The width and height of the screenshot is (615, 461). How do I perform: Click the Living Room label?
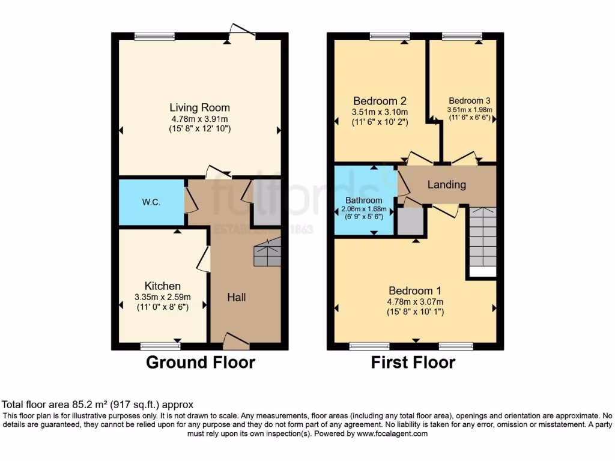pyautogui.click(x=199, y=108)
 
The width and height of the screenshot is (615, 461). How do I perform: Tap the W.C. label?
pyautogui.click(x=151, y=202)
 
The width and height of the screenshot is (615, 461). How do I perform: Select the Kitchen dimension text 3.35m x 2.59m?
pyautogui.click(x=162, y=297)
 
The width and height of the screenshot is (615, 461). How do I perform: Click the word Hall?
pyautogui.click(x=236, y=297)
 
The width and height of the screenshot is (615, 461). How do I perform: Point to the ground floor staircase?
pyautogui.click(x=267, y=252)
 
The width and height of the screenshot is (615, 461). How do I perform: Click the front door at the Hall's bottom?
pyautogui.click(x=236, y=342)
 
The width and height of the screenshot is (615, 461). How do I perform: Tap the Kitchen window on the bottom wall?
pyautogui.click(x=160, y=346)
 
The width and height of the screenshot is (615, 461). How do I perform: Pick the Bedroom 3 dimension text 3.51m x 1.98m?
pyautogui.click(x=469, y=110)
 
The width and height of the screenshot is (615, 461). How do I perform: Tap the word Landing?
pyautogui.click(x=446, y=184)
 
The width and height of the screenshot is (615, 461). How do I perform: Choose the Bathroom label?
pyautogui.click(x=363, y=200)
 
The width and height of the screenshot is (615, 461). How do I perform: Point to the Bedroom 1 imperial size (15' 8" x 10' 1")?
pyautogui.click(x=415, y=313)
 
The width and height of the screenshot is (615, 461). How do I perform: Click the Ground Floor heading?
pyautogui.click(x=201, y=363)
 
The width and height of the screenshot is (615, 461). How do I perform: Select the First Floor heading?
pyautogui.click(x=413, y=363)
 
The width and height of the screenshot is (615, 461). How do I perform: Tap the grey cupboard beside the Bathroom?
pyautogui.click(x=411, y=221)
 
